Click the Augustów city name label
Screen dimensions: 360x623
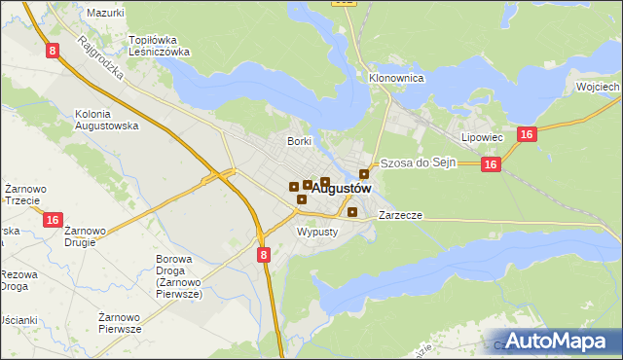tap(342, 189)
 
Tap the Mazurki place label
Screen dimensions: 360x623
tap(105, 13)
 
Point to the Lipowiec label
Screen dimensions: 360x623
tap(482, 138)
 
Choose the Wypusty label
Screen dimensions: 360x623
tap(317, 232)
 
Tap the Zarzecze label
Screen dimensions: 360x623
tap(400, 214)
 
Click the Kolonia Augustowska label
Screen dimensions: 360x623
tap(107, 120)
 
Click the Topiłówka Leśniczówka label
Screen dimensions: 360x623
tap(159, 47)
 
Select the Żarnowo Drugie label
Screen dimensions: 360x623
tap(86, 236)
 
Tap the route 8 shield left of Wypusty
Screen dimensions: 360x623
tap(264, 254)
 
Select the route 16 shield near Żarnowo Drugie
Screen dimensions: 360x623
tap(53, 221)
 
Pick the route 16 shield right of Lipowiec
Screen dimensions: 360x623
tap(526, 135)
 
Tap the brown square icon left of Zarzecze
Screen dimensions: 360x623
tap(352, 212)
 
